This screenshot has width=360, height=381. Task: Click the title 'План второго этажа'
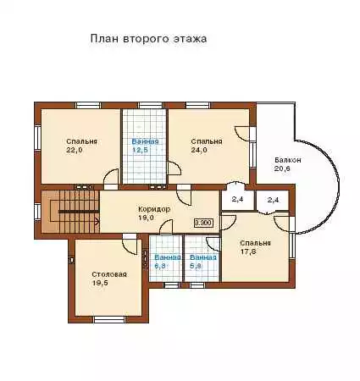[x=148, y=39]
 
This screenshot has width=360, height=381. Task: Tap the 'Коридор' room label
[x=154, y=209]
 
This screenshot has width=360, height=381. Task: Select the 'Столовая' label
[x=109, y=274]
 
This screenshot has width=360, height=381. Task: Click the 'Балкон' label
[x=288, y=160]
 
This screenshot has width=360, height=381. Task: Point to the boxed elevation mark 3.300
[x=203, y=223]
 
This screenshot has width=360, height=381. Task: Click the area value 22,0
[x=75, y=150]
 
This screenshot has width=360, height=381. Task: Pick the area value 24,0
[x=199, y=150]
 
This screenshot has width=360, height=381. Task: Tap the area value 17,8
[x=248, y=251]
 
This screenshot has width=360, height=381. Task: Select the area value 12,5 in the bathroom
[x=140, y=150]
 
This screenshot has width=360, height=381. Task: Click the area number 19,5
[x=100, y=283]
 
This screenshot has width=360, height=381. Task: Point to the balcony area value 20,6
[x=282, y=168]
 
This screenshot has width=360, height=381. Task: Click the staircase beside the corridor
[x=70, y=212]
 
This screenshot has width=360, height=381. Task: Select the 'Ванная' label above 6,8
[x=168, y=257]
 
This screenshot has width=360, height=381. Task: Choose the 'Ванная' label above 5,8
[x=203, y=257]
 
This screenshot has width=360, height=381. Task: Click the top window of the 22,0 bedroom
[x=88, y=105]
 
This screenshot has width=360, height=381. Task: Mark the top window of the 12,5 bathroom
[x=151, y=105]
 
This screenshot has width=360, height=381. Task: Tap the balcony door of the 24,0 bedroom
[x=243, y=133]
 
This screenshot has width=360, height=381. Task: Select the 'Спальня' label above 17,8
[x=255, y=243]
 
